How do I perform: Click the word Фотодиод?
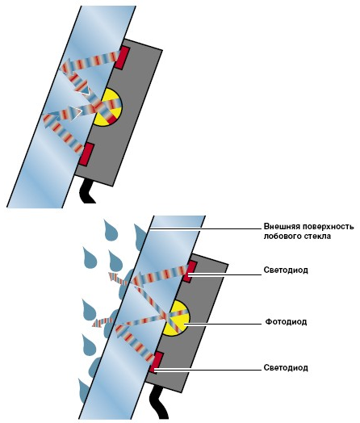pyautogui.click(x=286, y=321)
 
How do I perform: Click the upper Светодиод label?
pyautogui.click(x=286, y=270)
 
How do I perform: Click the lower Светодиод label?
pyautogui.click(x=286, y=367)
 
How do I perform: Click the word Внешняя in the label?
pyautogui.click(x=281, y=226)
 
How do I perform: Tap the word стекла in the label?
pyautogui.click(x=316, y=237)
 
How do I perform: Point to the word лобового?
pyautogui.click(x=281, y=237)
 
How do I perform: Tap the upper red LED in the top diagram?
pyautogui.click(x=123, y=57)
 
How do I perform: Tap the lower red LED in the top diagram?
pyautogui.click(x=87, y=154)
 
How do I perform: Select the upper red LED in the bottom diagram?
pyautogui.click(x=190, y=272)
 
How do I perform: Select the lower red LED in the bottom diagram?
pyautogui.click(x=157, y=362)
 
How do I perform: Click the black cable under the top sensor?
pyautogui.click(x=87, y=191)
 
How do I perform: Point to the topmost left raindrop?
pyautogui.click(x=110, y=231)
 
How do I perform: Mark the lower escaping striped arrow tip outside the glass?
pyautogui.click(x=94, y=324)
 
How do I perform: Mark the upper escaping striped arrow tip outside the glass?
pyautogui.click(x=110, y=275)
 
